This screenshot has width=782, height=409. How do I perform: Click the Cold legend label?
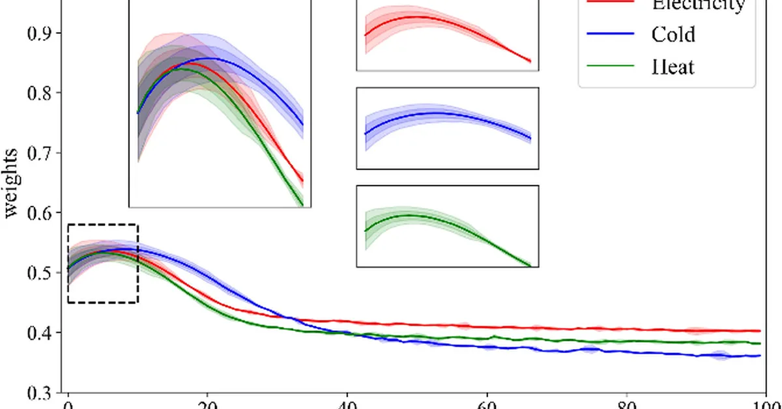click(673, 34)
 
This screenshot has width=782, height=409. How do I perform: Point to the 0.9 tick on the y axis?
click(40, 33)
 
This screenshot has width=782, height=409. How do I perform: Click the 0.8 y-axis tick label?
click(40, 93)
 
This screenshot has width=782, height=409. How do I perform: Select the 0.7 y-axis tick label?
click(40, 153)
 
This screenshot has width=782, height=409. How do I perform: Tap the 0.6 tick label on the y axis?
click(40, 213)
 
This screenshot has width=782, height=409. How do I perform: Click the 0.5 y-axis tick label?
click(40, 273)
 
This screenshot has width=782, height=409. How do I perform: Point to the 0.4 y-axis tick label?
click(40, 333)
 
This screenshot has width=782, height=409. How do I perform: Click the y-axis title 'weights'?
click(11, 183)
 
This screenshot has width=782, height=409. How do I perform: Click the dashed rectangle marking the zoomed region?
click(102, 225)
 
